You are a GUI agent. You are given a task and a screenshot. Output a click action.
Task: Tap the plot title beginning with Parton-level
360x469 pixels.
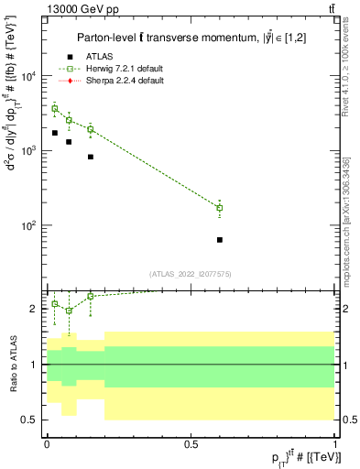click(188, 37)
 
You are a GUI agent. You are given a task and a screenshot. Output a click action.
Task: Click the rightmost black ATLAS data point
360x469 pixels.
click(220, 240)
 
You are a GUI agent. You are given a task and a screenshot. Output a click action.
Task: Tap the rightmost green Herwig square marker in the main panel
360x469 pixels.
click(220, 208)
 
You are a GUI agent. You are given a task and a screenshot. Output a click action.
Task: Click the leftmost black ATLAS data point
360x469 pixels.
click(54, 133)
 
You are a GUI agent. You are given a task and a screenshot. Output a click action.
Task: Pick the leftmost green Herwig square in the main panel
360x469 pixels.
click(54, 108)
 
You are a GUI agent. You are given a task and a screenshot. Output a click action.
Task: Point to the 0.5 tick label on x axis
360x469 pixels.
click(191, 443)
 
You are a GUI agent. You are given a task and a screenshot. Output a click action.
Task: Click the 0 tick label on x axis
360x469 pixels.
click(47, 443)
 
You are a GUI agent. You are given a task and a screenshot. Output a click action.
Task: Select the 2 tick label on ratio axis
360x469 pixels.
click(33, 310)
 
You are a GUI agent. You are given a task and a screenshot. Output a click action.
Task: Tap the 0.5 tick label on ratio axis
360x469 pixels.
click(29, 420)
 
